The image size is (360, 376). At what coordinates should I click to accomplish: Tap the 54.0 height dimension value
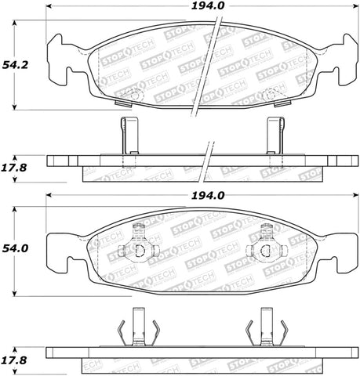[x=14, y=248]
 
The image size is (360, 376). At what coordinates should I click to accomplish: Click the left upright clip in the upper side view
[x=129, y=135]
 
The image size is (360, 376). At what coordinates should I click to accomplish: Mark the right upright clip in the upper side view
[x=275, y=135]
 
